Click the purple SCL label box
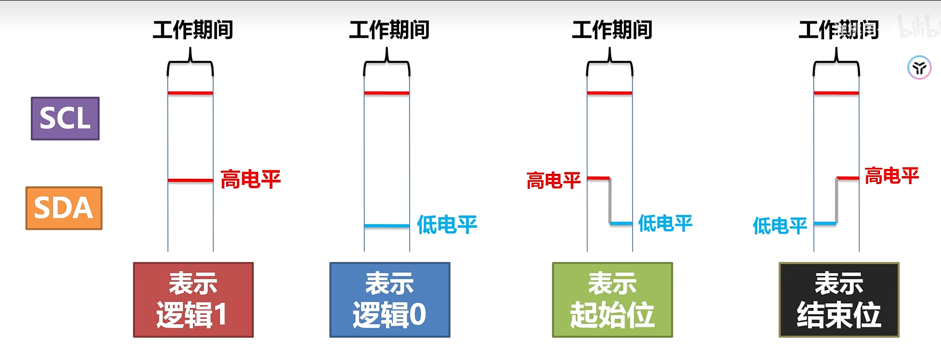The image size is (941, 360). [x=65, y=119]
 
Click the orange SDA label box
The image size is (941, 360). [x=64, y=208]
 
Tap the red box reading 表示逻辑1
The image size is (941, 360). [x=193, y=300]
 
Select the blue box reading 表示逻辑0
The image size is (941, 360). [x=390, y=300]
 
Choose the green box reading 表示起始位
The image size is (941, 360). [x=612, y=300]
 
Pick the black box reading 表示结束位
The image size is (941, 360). [x=839, y=300]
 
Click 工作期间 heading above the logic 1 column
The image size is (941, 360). [x=193, y=30]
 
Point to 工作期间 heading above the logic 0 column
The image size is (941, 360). [x=389, y=30]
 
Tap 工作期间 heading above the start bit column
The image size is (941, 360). [x=612, y=30]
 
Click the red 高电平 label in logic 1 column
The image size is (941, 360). [x=251, y=179]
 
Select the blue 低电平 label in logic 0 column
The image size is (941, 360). [x=447, y=224]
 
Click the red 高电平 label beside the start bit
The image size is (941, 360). [x=553, y=181]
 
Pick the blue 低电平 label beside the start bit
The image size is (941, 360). [x=665, y=223]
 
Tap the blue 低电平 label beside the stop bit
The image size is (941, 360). [x=779, y=226]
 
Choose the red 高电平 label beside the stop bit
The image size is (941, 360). [x=891, y=176]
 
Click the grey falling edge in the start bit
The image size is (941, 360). [x=610, y=201]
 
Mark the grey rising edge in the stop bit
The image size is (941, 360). [x=837, y=201]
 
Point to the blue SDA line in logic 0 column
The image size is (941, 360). [x=387, y=226]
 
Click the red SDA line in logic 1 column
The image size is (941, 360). [x=190, y=181]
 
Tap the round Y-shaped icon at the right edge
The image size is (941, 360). [x=919, y=67]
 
